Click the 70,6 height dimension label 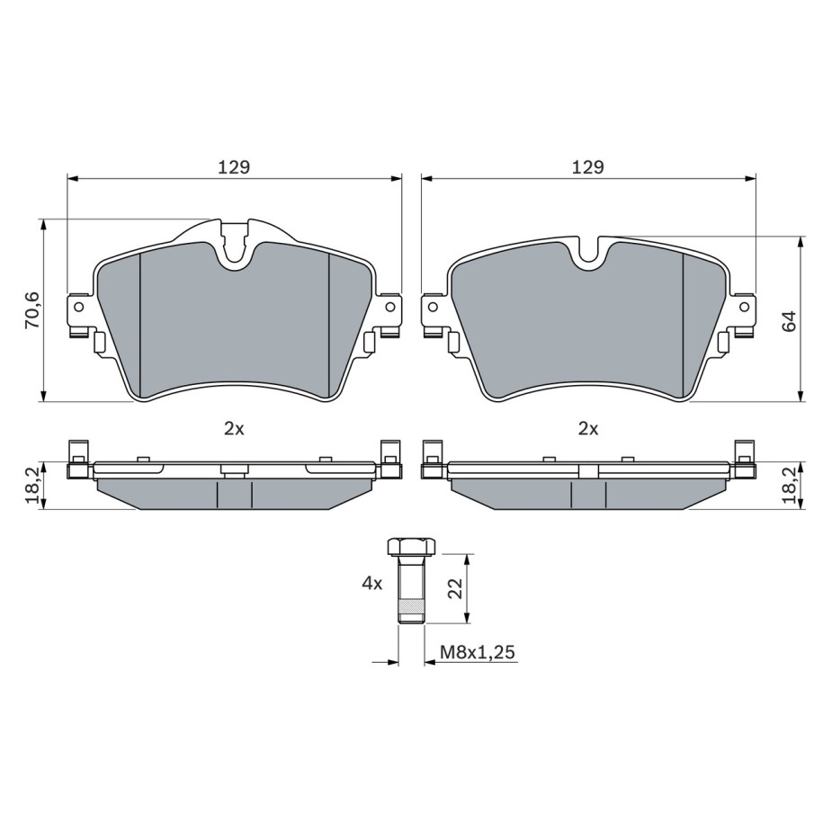33,310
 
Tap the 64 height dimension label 789,321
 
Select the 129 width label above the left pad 234,167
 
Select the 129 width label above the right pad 588,167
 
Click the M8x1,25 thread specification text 478,652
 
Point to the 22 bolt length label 454,588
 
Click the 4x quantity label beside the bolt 372,583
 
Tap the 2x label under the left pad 234,429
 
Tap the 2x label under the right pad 588,429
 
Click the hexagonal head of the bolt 412,547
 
